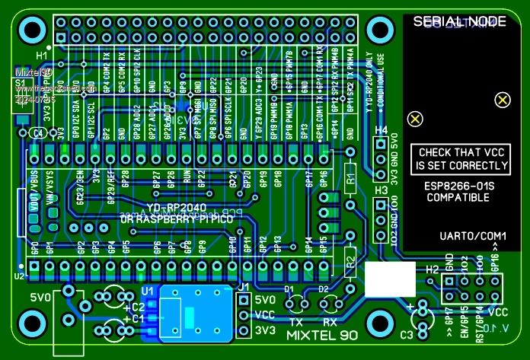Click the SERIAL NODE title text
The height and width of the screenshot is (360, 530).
click(x=459, y=22)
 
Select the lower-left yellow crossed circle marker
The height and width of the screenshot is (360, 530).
click(x=414, y=119)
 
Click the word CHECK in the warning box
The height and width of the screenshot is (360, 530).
click(x=437, y=152)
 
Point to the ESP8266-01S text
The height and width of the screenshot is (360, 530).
click(x=456, y=185)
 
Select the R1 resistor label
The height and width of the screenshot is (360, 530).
click(x=350, y=183)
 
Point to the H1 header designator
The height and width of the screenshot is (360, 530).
click(x=41, y=56)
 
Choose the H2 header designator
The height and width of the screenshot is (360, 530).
click(x=432, y=269)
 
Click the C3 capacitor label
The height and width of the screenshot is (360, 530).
click(x=406, y=334)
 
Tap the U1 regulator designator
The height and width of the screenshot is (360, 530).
click(x=147, y=290)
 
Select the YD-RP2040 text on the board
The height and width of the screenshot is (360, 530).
click(x=174, y=207)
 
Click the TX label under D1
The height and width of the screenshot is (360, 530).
click(x=297, y=322)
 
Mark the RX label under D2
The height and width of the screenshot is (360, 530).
click(x=330, y=322)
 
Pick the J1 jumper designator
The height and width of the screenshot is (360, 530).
click(x=244, y=287)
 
